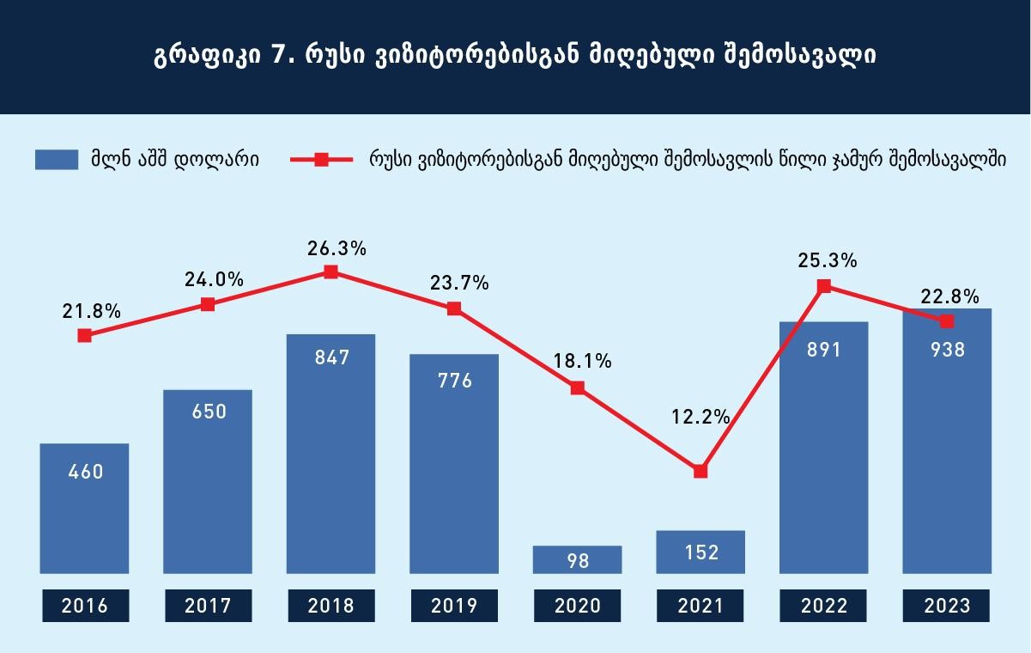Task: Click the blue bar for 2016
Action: (84, 509)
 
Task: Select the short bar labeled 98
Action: (577, 559)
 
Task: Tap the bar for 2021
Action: (700, 552)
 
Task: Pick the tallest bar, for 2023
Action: (947, 441)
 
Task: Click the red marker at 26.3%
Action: (331, 272)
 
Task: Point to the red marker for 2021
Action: (700, 472)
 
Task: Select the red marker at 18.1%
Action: (577, 388)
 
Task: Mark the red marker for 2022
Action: (824, 286)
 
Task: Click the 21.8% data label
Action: (91, 312)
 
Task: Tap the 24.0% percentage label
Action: (214, 279)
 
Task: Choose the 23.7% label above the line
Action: (459, 283)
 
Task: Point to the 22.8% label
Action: (949, 296)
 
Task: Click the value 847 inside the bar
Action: (332, 357)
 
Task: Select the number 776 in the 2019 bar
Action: (455, 381)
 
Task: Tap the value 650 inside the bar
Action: (209, 412)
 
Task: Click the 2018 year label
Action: (331, 606)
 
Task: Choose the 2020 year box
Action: (577, 606)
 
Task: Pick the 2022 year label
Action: (823, 606)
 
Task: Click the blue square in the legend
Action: (57, 160)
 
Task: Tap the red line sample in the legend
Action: (321, 160)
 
